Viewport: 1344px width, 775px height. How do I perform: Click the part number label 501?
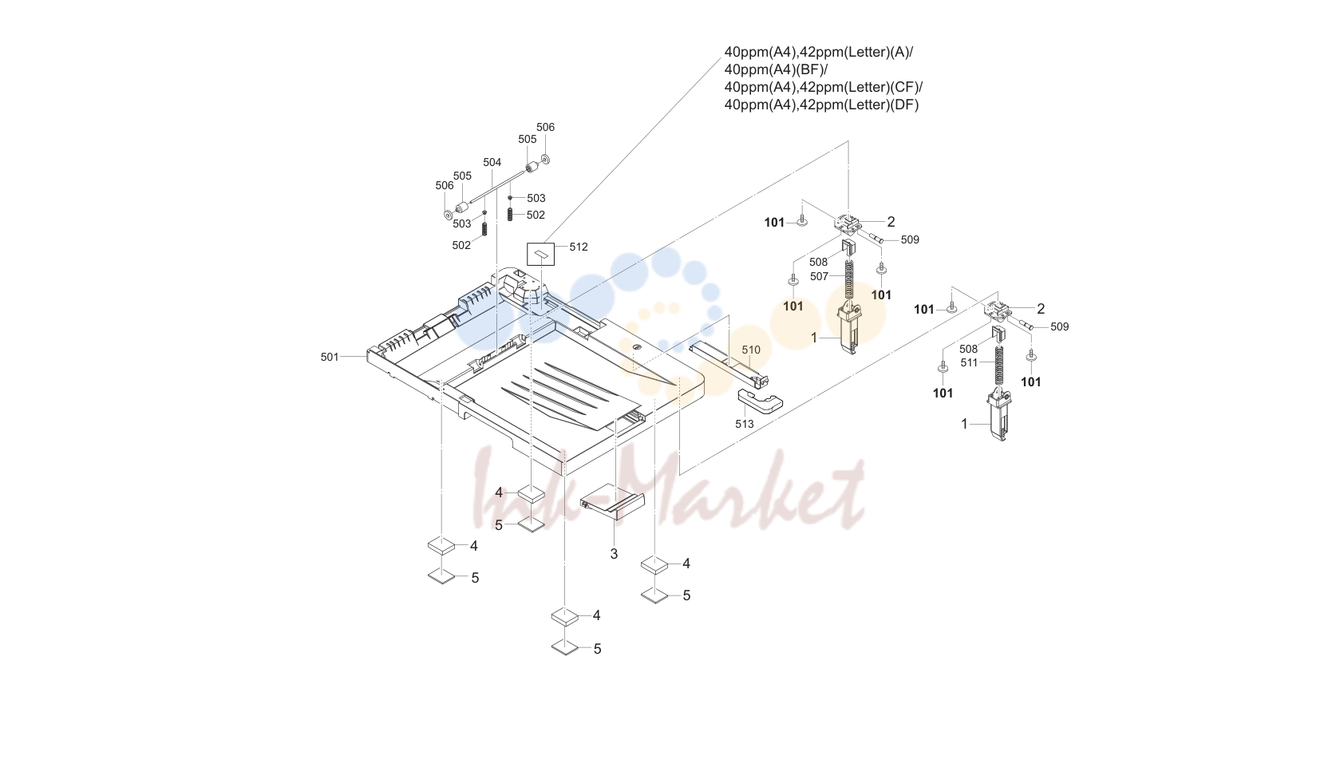point(330,357)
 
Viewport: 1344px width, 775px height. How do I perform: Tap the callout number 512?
point(579,247)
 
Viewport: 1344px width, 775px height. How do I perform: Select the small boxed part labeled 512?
point(540,254)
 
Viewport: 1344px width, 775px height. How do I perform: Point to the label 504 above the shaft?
point(492,162)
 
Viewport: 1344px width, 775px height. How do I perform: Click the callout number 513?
point(744,424)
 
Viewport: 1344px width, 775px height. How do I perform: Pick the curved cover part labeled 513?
point(761,400)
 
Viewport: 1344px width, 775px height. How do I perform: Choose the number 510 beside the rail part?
point(750,350)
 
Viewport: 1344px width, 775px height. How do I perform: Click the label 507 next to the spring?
point(819,276)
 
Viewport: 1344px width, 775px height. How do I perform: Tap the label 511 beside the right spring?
point(969,362)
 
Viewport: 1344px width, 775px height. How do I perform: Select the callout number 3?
point(614,554)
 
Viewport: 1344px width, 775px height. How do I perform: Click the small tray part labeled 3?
point(612,501)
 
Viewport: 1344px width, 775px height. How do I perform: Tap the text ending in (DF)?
point(821,105)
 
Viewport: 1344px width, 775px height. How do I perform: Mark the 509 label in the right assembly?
point(1060,327)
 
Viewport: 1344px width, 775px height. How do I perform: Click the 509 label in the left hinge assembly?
point(910,240)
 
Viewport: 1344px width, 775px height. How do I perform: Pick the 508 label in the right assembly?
point(968,349)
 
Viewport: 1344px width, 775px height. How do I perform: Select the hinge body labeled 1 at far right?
point(999,416)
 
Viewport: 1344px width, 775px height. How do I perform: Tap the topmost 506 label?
point(545,127)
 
